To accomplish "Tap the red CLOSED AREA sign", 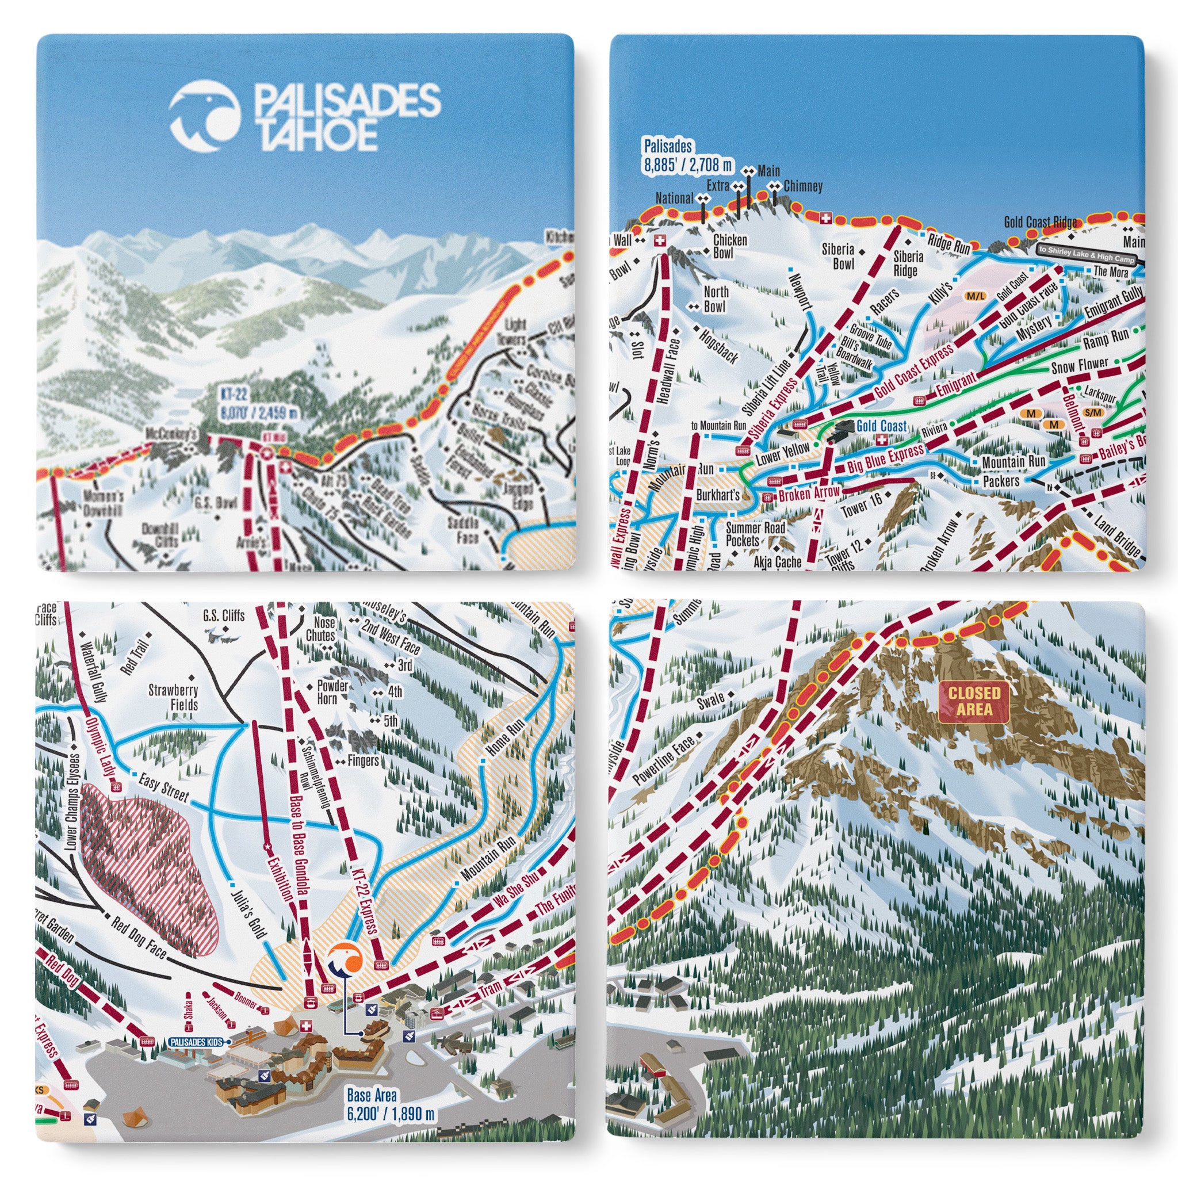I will tap(974, 701).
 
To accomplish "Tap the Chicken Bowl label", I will tap(730, 246).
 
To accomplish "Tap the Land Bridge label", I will tap(1117, 536).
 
